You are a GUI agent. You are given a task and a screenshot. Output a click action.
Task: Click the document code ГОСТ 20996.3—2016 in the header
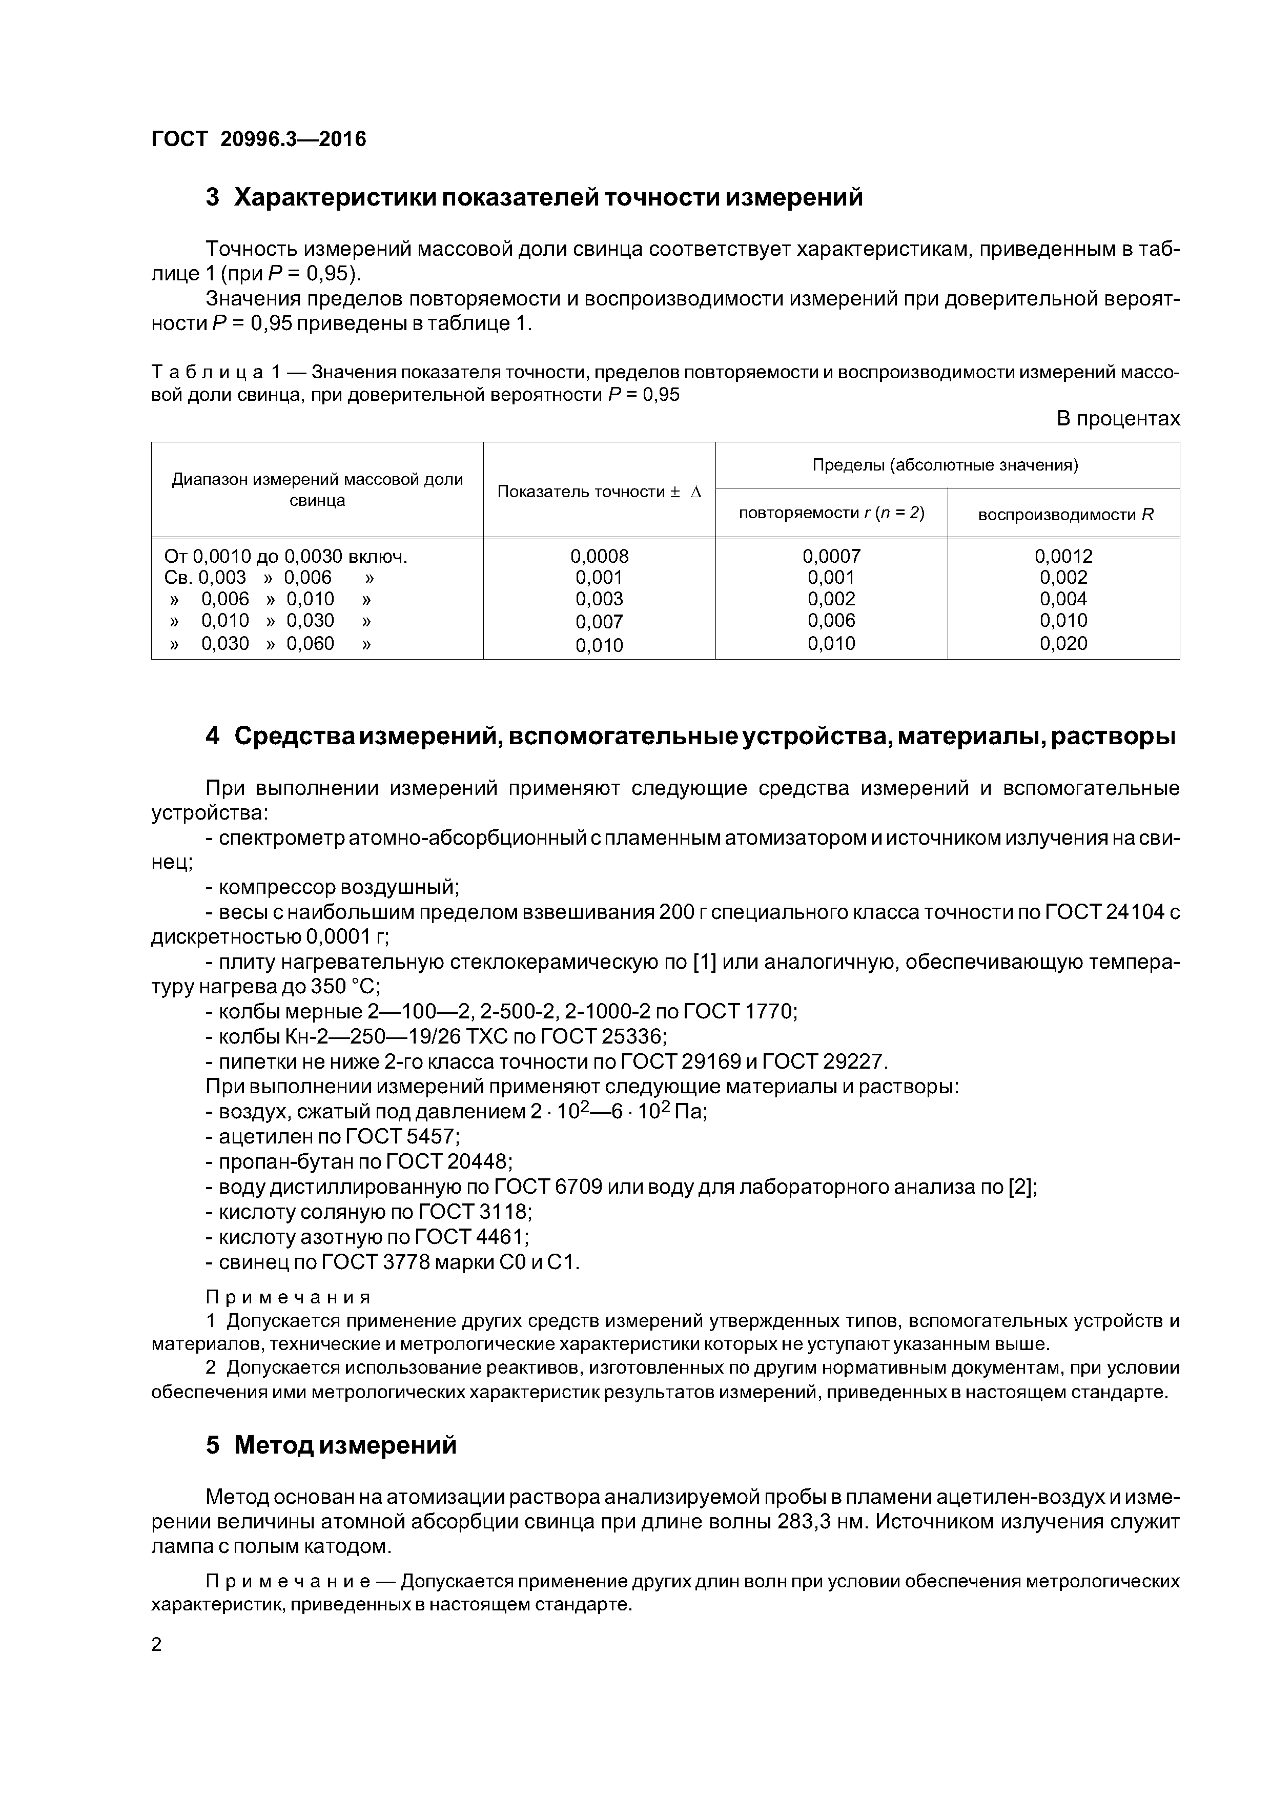(x=258, y=139)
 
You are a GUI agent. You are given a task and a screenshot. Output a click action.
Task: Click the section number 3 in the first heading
(x=212, y=198)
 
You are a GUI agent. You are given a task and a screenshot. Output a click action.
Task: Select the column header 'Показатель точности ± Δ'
(x=599, y=492)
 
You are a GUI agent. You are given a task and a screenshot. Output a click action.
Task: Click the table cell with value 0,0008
(x=599, y=556)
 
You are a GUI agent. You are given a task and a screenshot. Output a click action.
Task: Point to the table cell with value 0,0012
(x=1063, y=556)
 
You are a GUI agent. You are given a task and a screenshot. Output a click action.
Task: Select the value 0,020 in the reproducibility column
(x=1063, y=644)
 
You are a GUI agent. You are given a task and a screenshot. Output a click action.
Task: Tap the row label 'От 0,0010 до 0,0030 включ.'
(x=286, y=556)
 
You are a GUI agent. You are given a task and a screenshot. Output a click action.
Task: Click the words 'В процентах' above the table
(x=1118, y=419)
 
